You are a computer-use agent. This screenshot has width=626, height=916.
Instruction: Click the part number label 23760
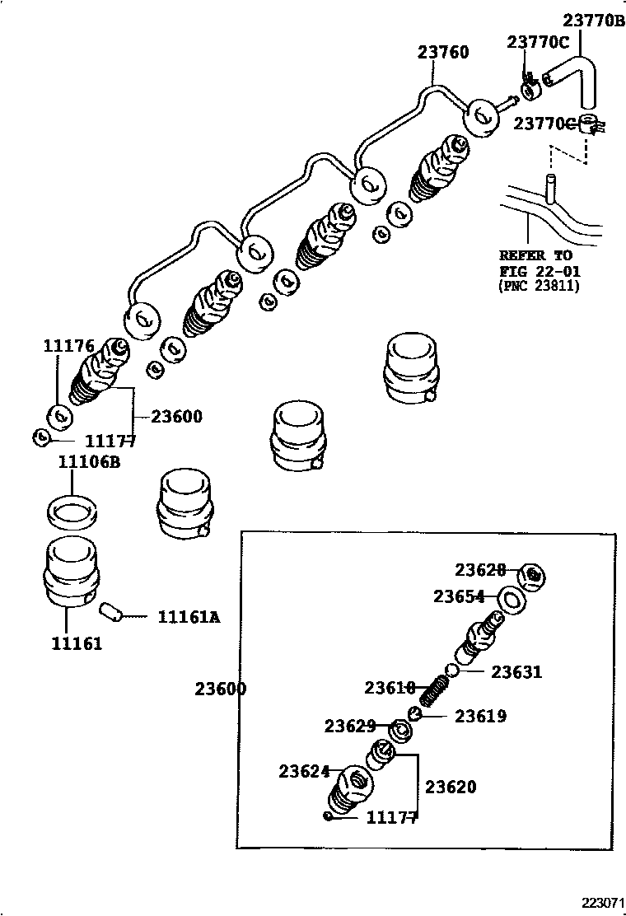[442, 53]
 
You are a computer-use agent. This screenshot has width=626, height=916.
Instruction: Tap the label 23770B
[593, 20]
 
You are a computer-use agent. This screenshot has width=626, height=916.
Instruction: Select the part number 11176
[69, 347]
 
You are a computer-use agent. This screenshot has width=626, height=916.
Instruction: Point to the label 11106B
[89, 462]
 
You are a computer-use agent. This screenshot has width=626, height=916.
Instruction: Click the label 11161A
[189, 616]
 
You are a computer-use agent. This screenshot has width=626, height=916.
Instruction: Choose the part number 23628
[481, 570]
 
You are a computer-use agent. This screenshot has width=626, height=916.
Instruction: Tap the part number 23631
[516, 672]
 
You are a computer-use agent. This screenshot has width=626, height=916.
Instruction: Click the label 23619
[481, 716]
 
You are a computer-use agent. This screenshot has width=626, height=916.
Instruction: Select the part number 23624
[304, 771]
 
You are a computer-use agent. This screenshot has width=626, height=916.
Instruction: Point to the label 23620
[451, 787]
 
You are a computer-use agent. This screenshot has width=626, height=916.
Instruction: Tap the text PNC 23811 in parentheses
[540, 286]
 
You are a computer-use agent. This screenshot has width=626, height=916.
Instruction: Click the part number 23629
[350, 726]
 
